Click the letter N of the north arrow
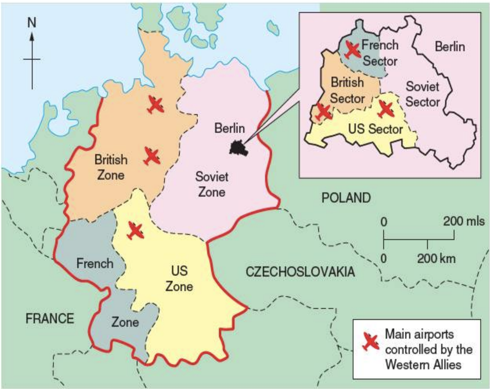tap(32, 23)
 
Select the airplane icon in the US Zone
tap(136, 231)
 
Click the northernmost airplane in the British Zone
tap(156, 105)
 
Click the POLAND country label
tap(346, 198)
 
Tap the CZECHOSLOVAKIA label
tap(300, 272)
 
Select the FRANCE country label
tap(50, 318)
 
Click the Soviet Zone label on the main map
tap(212, 184)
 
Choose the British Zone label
tap(111, 167)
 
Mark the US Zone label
tap(179, 278)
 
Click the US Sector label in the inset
tap(375, 129)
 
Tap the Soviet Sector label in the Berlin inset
tap(422, 94)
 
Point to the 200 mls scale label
tap(464, 221)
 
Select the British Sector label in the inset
tap(347, 90)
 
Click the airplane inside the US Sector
tap(386, 109)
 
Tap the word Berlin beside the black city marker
tap(229, 128)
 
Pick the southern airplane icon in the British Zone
tap(152, 156)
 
